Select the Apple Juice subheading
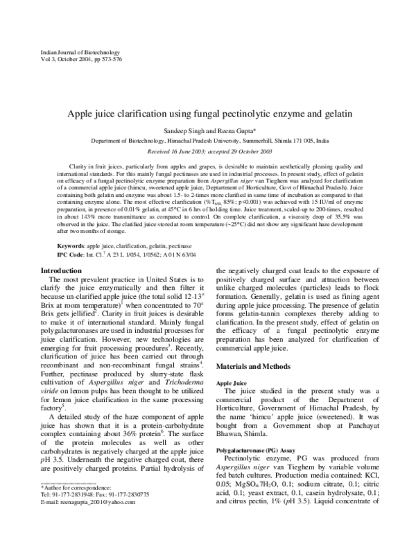click(x=233, y=383)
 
